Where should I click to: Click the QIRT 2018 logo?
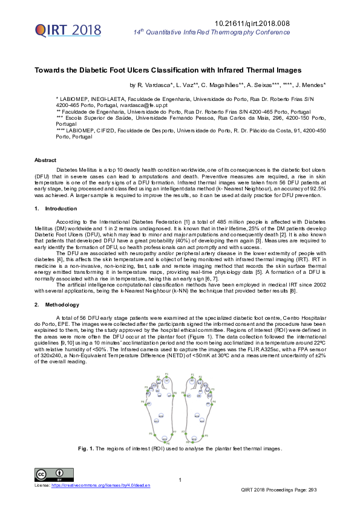60,30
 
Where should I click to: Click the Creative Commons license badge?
51,474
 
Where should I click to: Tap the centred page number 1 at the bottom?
180,480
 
